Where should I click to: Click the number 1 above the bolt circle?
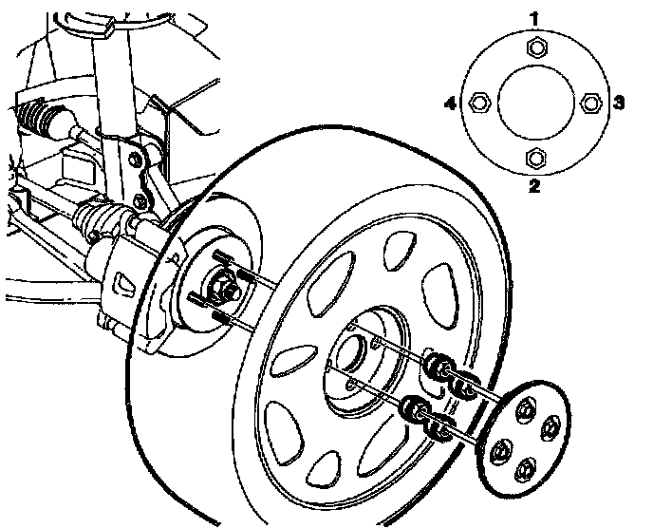[535, 19]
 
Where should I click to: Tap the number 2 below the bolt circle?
[534, 186]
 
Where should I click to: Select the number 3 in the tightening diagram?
[618, 102]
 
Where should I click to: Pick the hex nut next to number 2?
[535, 158]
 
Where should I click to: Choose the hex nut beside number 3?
[591, 102]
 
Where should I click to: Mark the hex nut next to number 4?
[479, 101]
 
